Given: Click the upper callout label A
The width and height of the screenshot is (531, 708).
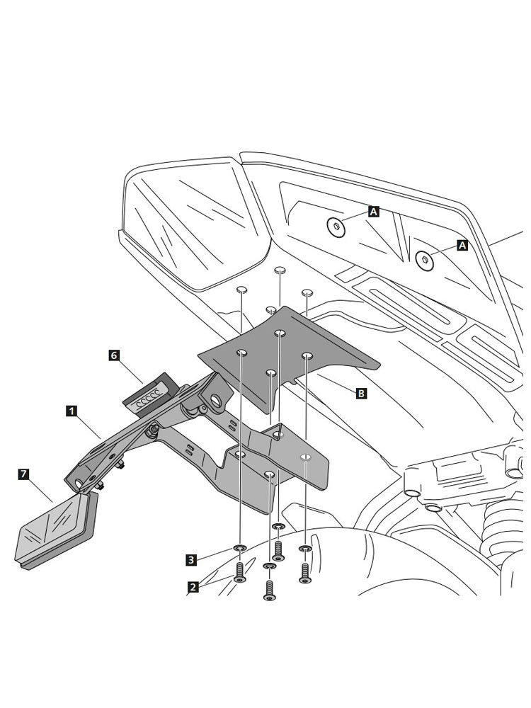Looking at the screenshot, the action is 373,211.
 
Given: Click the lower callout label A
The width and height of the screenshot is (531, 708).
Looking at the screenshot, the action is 462,245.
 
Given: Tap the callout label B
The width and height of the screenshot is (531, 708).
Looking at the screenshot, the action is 361,393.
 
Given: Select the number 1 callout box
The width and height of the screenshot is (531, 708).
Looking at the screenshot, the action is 72,411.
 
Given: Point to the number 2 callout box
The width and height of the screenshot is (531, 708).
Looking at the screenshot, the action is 193,587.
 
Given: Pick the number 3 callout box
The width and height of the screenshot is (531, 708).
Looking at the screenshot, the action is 191,560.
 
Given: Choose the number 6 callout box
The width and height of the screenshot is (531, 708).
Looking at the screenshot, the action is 114,355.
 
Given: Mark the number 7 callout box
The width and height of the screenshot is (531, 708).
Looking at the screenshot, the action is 23,474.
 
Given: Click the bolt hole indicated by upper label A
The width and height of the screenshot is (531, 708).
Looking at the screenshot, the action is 336,227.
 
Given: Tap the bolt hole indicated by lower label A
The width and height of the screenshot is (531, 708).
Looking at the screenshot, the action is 424,260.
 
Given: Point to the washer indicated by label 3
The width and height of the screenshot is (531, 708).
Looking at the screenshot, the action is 240,548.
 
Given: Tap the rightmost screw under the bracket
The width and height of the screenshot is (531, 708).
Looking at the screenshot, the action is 305,573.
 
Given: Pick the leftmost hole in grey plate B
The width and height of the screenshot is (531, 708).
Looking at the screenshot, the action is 241,352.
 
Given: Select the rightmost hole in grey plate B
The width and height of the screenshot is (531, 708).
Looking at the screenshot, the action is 307,356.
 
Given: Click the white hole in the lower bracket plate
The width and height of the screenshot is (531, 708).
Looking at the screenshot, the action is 306,457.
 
